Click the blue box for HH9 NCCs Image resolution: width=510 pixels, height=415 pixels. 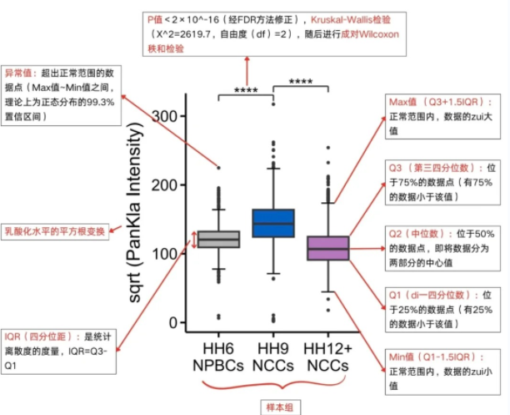273,223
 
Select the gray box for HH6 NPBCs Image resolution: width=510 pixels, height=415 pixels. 218,240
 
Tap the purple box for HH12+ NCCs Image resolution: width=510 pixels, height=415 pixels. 327,248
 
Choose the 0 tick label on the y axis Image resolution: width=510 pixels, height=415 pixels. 172,323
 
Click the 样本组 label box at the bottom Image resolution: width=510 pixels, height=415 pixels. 272,404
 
